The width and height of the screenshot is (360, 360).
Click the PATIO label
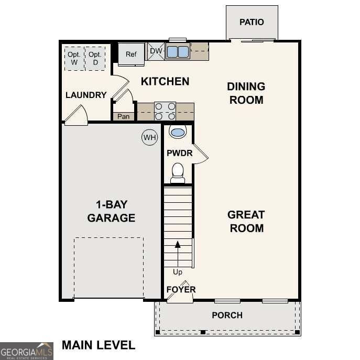(252, 22)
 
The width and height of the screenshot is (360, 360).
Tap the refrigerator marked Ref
(130, 54)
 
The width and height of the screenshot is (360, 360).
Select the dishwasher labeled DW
(156, 51)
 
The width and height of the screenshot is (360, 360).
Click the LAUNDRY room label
(86, 95)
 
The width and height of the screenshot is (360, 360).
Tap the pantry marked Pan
(123, 116)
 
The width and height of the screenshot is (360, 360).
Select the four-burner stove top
(165, 112)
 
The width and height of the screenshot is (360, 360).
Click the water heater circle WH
(150, 138)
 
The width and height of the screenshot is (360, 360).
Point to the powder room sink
(178, 132)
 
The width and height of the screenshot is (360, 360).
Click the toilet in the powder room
(178, 172)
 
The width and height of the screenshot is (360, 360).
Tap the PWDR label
(179, 154)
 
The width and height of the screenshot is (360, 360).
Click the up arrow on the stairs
(178, 245)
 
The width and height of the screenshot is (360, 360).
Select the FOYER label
(181, 289)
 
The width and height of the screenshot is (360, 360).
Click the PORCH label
(227, 315)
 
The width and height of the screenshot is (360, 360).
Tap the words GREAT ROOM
(246, 222)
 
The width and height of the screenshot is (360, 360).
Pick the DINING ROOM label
(246, 93)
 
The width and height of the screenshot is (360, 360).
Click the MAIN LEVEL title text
(99, 345)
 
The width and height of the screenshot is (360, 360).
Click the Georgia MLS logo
(26, 351)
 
